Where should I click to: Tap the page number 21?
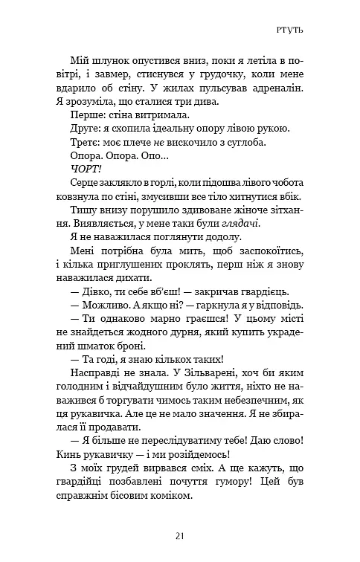coord(180,535)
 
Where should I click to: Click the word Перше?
coord(86,115)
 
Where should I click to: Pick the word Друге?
coord(84,129)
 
